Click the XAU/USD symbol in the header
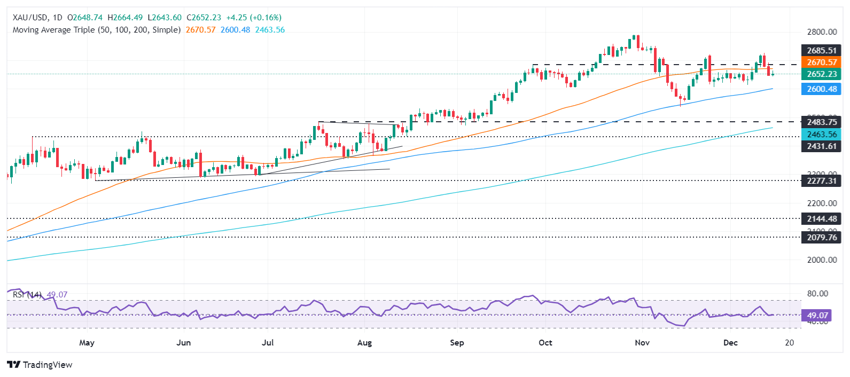pos(29,18)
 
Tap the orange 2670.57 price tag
pos(822,62)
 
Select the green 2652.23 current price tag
pos(822,74)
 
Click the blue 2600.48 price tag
pos(822,89)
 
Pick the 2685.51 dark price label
pos(822,51)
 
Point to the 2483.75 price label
pos(822,122)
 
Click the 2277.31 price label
pos(822,181)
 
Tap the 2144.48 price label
pos(822,218)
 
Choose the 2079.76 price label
pos(822,237)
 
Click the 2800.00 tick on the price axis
pos(822,32)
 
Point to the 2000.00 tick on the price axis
pos(822,260)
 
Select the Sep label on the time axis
pos(457,343)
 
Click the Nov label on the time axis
pos(642,343)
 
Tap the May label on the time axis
pos(87,343)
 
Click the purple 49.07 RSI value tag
pos(817,316)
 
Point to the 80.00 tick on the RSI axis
pos(817,294)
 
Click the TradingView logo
pos(40,365)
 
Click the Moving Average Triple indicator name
pos(96,30)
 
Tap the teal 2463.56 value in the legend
pos(270,30)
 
